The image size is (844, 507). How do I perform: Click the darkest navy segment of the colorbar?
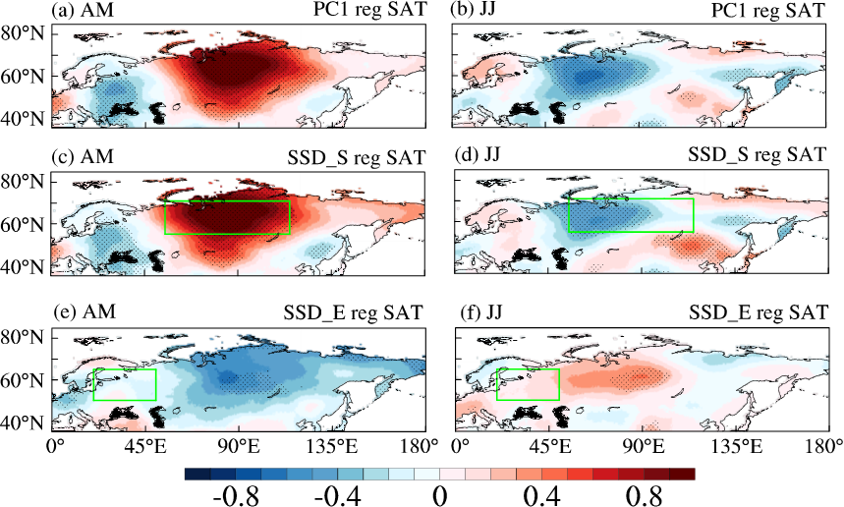coord(197,474)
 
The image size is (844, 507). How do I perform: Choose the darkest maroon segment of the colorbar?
coord(683,474)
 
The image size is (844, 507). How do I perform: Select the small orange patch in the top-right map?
coord(689,96)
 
